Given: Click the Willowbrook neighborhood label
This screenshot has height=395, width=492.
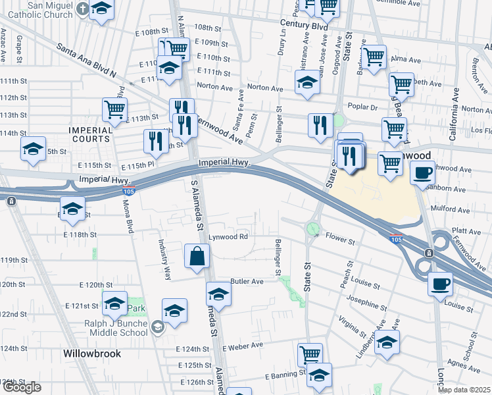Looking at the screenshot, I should point(92,354).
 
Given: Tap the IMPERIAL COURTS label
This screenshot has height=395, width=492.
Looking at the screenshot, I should point(91,134).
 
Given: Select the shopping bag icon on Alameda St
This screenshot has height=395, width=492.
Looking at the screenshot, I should point(198,256).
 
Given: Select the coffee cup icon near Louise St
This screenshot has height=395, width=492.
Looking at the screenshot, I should point(440,284).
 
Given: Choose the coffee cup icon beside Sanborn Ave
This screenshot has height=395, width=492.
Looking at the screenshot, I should point(422,172).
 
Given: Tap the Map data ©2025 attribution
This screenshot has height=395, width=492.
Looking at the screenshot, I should point(464,390).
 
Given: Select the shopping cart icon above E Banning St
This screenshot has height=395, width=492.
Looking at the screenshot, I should point(310,355).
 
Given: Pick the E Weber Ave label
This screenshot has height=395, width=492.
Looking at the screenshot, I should point(243,346).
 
